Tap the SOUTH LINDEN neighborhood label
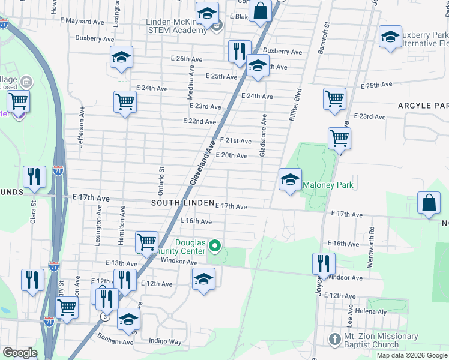pyautogui.click(x=182, y=203)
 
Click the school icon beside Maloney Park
pyautogui.click(x=289, y=180)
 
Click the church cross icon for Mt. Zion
pyautogui.click(x=334, y=340)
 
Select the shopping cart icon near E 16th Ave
pyautogui.click(x=146, y=242)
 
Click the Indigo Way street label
pyautogui.click(x=166, y=341)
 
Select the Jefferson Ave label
pyautogui.click(x=79, y=131)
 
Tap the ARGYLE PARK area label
pyautogui.click(x=423, y=106)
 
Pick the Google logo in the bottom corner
pyautogui.click(x=20, y=353)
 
